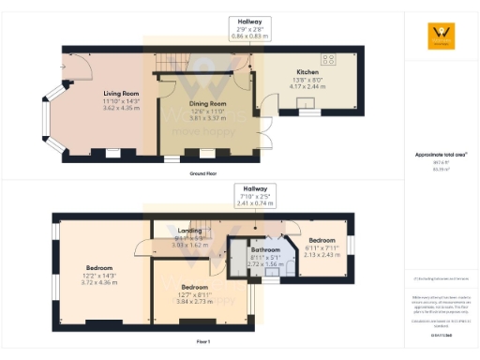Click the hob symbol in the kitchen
click(329, 57)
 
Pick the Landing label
click(191, 235)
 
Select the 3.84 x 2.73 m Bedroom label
click(194, 292)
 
